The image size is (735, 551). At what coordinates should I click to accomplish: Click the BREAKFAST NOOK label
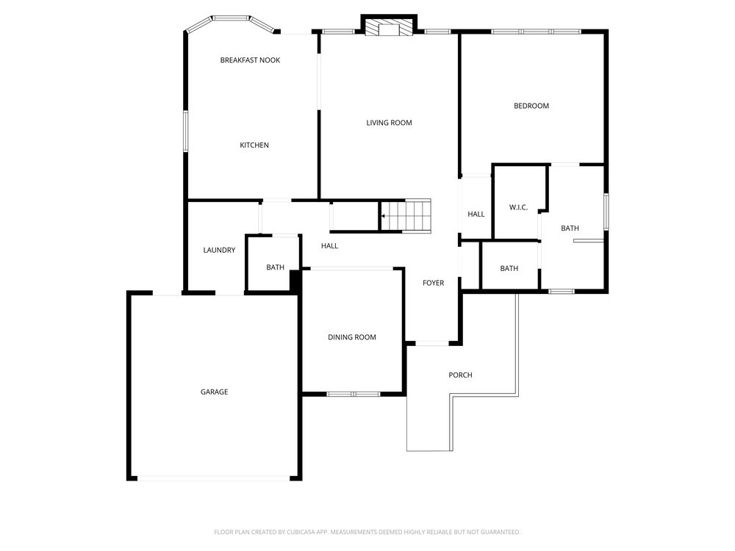coord(250,60)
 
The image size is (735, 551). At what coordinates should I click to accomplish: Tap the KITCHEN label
coord(254,145)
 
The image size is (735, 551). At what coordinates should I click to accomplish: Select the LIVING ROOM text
coord(389,123)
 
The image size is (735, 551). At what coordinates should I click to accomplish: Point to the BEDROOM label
coord(531,106)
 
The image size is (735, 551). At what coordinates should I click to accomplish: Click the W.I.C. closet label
coord(518,208)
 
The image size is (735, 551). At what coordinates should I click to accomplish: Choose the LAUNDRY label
coord(219,251)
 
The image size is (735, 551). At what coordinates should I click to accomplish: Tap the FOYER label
coord(433,283)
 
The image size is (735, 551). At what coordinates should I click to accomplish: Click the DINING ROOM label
coord(351,337)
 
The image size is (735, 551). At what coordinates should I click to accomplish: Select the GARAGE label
coord(214,392)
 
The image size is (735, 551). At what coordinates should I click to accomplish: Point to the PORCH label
coord(460,375)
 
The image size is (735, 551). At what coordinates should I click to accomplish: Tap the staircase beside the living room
coord(405,215)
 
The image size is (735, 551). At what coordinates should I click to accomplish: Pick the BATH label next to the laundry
coord(275,267)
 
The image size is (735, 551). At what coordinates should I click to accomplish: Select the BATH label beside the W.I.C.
coord(570,228)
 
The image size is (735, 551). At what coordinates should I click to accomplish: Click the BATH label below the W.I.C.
coord(509,268)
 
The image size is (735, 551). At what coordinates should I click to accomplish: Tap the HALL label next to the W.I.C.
coord(476,214)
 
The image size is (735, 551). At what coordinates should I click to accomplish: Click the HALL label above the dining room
coord(329,246)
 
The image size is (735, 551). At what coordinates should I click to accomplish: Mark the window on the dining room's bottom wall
coord(354,394)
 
